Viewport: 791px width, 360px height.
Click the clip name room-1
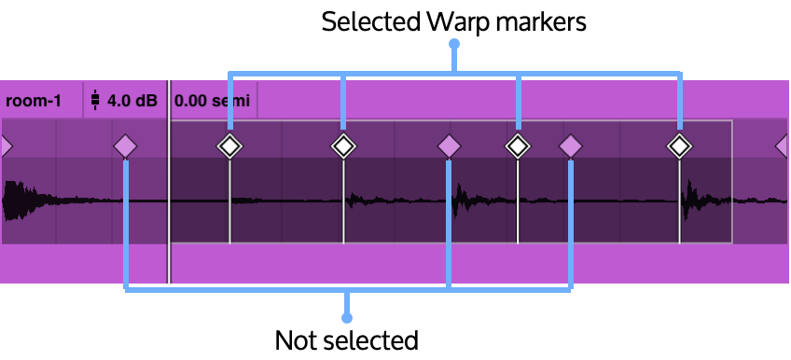click(34, 101)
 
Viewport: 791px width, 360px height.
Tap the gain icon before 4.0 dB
click(94, 100)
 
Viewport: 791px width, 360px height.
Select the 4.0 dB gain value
click(132, 101)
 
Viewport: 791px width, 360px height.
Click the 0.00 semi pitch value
click(212, 101)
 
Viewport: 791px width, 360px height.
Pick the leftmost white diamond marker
click(229, 146)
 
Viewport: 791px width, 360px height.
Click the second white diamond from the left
click(343, 146)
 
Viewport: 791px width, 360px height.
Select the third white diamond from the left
click(518, 146)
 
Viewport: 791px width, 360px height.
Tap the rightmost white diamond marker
click(679, 146)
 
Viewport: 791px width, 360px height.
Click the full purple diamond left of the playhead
click(125, 146)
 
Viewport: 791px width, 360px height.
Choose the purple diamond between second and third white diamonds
click(449, 146)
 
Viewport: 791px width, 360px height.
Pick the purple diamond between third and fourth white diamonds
click(570, 146)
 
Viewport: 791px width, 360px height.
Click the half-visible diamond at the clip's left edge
click(5, 146)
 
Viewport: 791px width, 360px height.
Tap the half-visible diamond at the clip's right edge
click(784, 146)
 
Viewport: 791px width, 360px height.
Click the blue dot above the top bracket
click(454, 44)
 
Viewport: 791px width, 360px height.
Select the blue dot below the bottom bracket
click(347, 318)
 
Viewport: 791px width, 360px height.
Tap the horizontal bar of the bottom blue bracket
click(280, 290)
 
